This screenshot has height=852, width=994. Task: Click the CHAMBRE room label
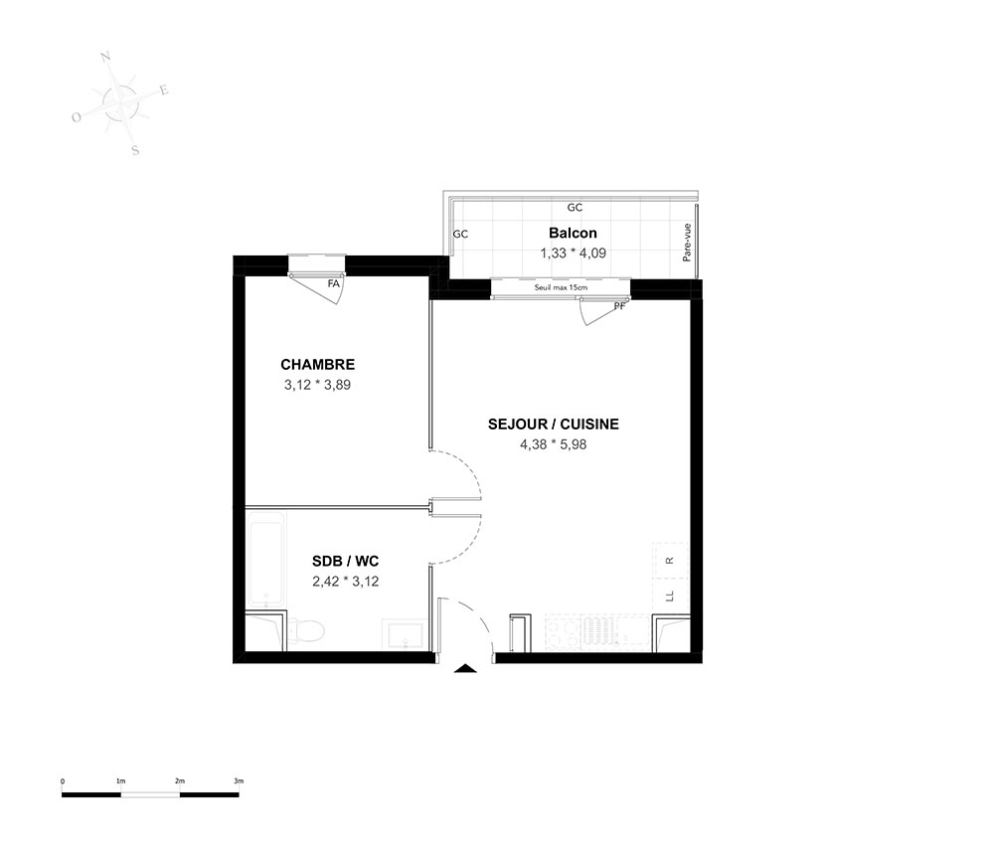318,365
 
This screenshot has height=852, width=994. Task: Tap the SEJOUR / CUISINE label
554,425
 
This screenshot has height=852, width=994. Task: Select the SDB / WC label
346,561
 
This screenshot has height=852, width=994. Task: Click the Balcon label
574,233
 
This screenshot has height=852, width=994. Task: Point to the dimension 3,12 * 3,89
318,385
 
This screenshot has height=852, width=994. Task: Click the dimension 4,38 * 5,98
554,444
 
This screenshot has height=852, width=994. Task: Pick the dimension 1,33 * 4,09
574,253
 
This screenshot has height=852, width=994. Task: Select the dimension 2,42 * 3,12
346,582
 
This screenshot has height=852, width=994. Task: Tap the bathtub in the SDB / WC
265,561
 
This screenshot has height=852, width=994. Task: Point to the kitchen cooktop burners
563,632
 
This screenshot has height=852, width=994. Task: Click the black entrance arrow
465,667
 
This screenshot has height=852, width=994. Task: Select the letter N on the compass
106,57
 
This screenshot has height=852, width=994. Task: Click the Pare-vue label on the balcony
687,243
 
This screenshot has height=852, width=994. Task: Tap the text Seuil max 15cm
561,287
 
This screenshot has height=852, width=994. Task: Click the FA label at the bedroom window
333,284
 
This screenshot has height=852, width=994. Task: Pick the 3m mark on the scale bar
239,781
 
